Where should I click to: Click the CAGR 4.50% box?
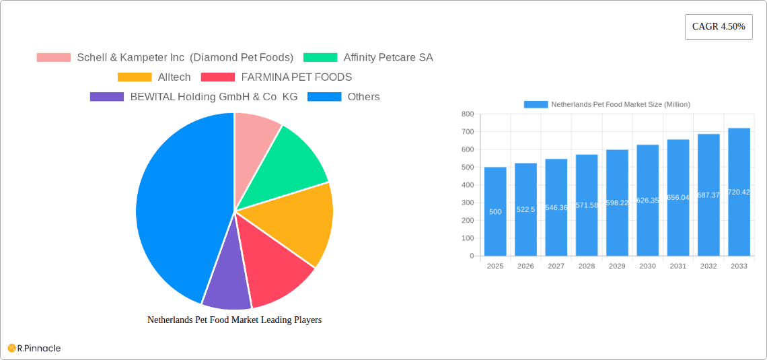(719, 27)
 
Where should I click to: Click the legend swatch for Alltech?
(135, 77)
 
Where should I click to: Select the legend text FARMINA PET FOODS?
(296, 77)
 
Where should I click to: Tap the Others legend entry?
(363, 97)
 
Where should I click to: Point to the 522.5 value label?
(525, 209)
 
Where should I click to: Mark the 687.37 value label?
(708, 195)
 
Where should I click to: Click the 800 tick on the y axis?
(468, 114)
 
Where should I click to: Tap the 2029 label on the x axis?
(617, 266)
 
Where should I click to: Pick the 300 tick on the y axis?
(468, 203)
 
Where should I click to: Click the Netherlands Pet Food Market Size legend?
(607, 104)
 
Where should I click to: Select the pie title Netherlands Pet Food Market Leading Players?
(234, 320)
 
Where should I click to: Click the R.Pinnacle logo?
(34, 348)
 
